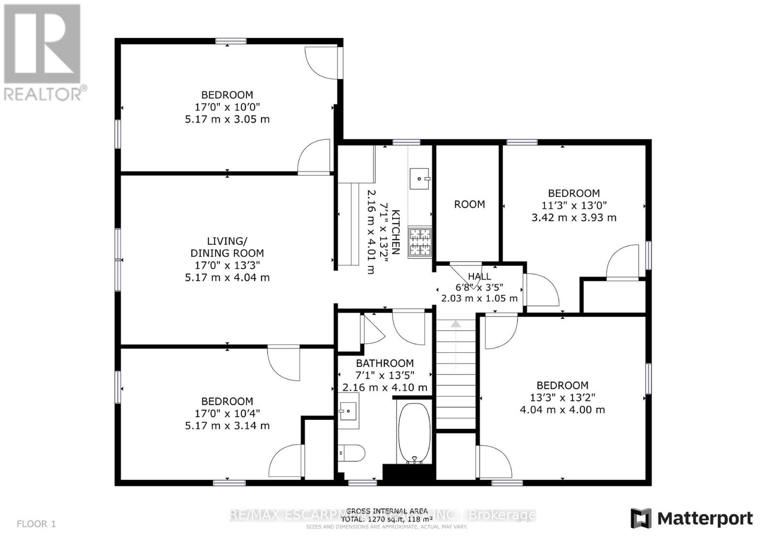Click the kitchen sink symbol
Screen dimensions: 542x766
(420, 179)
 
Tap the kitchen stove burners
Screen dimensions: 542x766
(419, 242)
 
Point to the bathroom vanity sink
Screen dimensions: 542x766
(348, 411)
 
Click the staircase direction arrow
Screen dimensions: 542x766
(455, 325)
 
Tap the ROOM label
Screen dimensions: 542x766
(469, 204)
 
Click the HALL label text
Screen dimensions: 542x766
(479, 276)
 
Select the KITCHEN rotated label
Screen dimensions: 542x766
(395, 232)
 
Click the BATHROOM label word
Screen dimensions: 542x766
(384, 363)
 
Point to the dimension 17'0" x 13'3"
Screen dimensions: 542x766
(227, 265)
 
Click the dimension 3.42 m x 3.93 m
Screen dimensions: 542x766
(574, 217)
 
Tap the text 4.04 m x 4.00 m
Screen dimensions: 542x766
(562, 410)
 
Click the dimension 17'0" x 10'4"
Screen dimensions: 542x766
(227, 414)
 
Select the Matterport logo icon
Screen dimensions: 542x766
(641, 518)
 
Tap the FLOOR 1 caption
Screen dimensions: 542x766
(36, 524)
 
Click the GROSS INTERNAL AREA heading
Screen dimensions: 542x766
(386, 511)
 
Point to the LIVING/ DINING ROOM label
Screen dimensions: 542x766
(227, 247)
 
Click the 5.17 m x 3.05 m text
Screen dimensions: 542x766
(227, 119)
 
